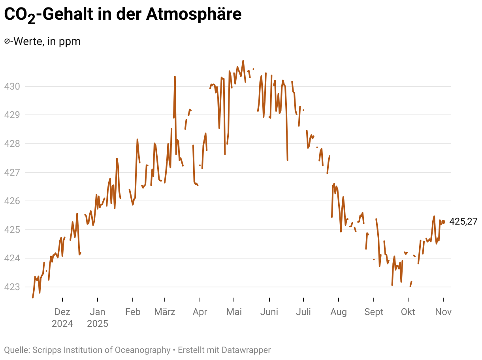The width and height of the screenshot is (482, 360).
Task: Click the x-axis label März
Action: pyautogui.click(x=165, y=312)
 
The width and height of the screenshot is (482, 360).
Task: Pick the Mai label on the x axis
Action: pyautogui.click(x=234, y=312)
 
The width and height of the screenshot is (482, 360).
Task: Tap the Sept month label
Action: pyautogui.click(x=374, y=312)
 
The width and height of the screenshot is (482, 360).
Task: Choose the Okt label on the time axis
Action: pyautogui.click(x=408, y=312)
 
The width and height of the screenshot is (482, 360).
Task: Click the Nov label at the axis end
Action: pyautogui.click(x=443, y=312)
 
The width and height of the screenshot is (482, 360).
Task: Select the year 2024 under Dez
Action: pyautogui.click(x=62, y=324)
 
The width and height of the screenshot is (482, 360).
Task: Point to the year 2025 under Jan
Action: pyautogui.click(x=98, y=324)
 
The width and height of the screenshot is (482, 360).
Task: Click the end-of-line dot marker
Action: pyautogui.click(x=443, y=222)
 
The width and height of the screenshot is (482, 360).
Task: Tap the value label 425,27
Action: pyautogui.click(x=463, y=222)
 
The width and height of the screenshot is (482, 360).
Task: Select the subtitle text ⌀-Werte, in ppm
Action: pyautogui.click(x=42, y=41)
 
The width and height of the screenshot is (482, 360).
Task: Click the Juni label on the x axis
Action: pyautogui.click(x=269, y=312)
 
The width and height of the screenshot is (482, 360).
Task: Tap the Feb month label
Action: pyautogui.click(x=133, y=312)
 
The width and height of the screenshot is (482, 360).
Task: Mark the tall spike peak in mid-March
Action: pyautogui.click(x=175, y=77)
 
